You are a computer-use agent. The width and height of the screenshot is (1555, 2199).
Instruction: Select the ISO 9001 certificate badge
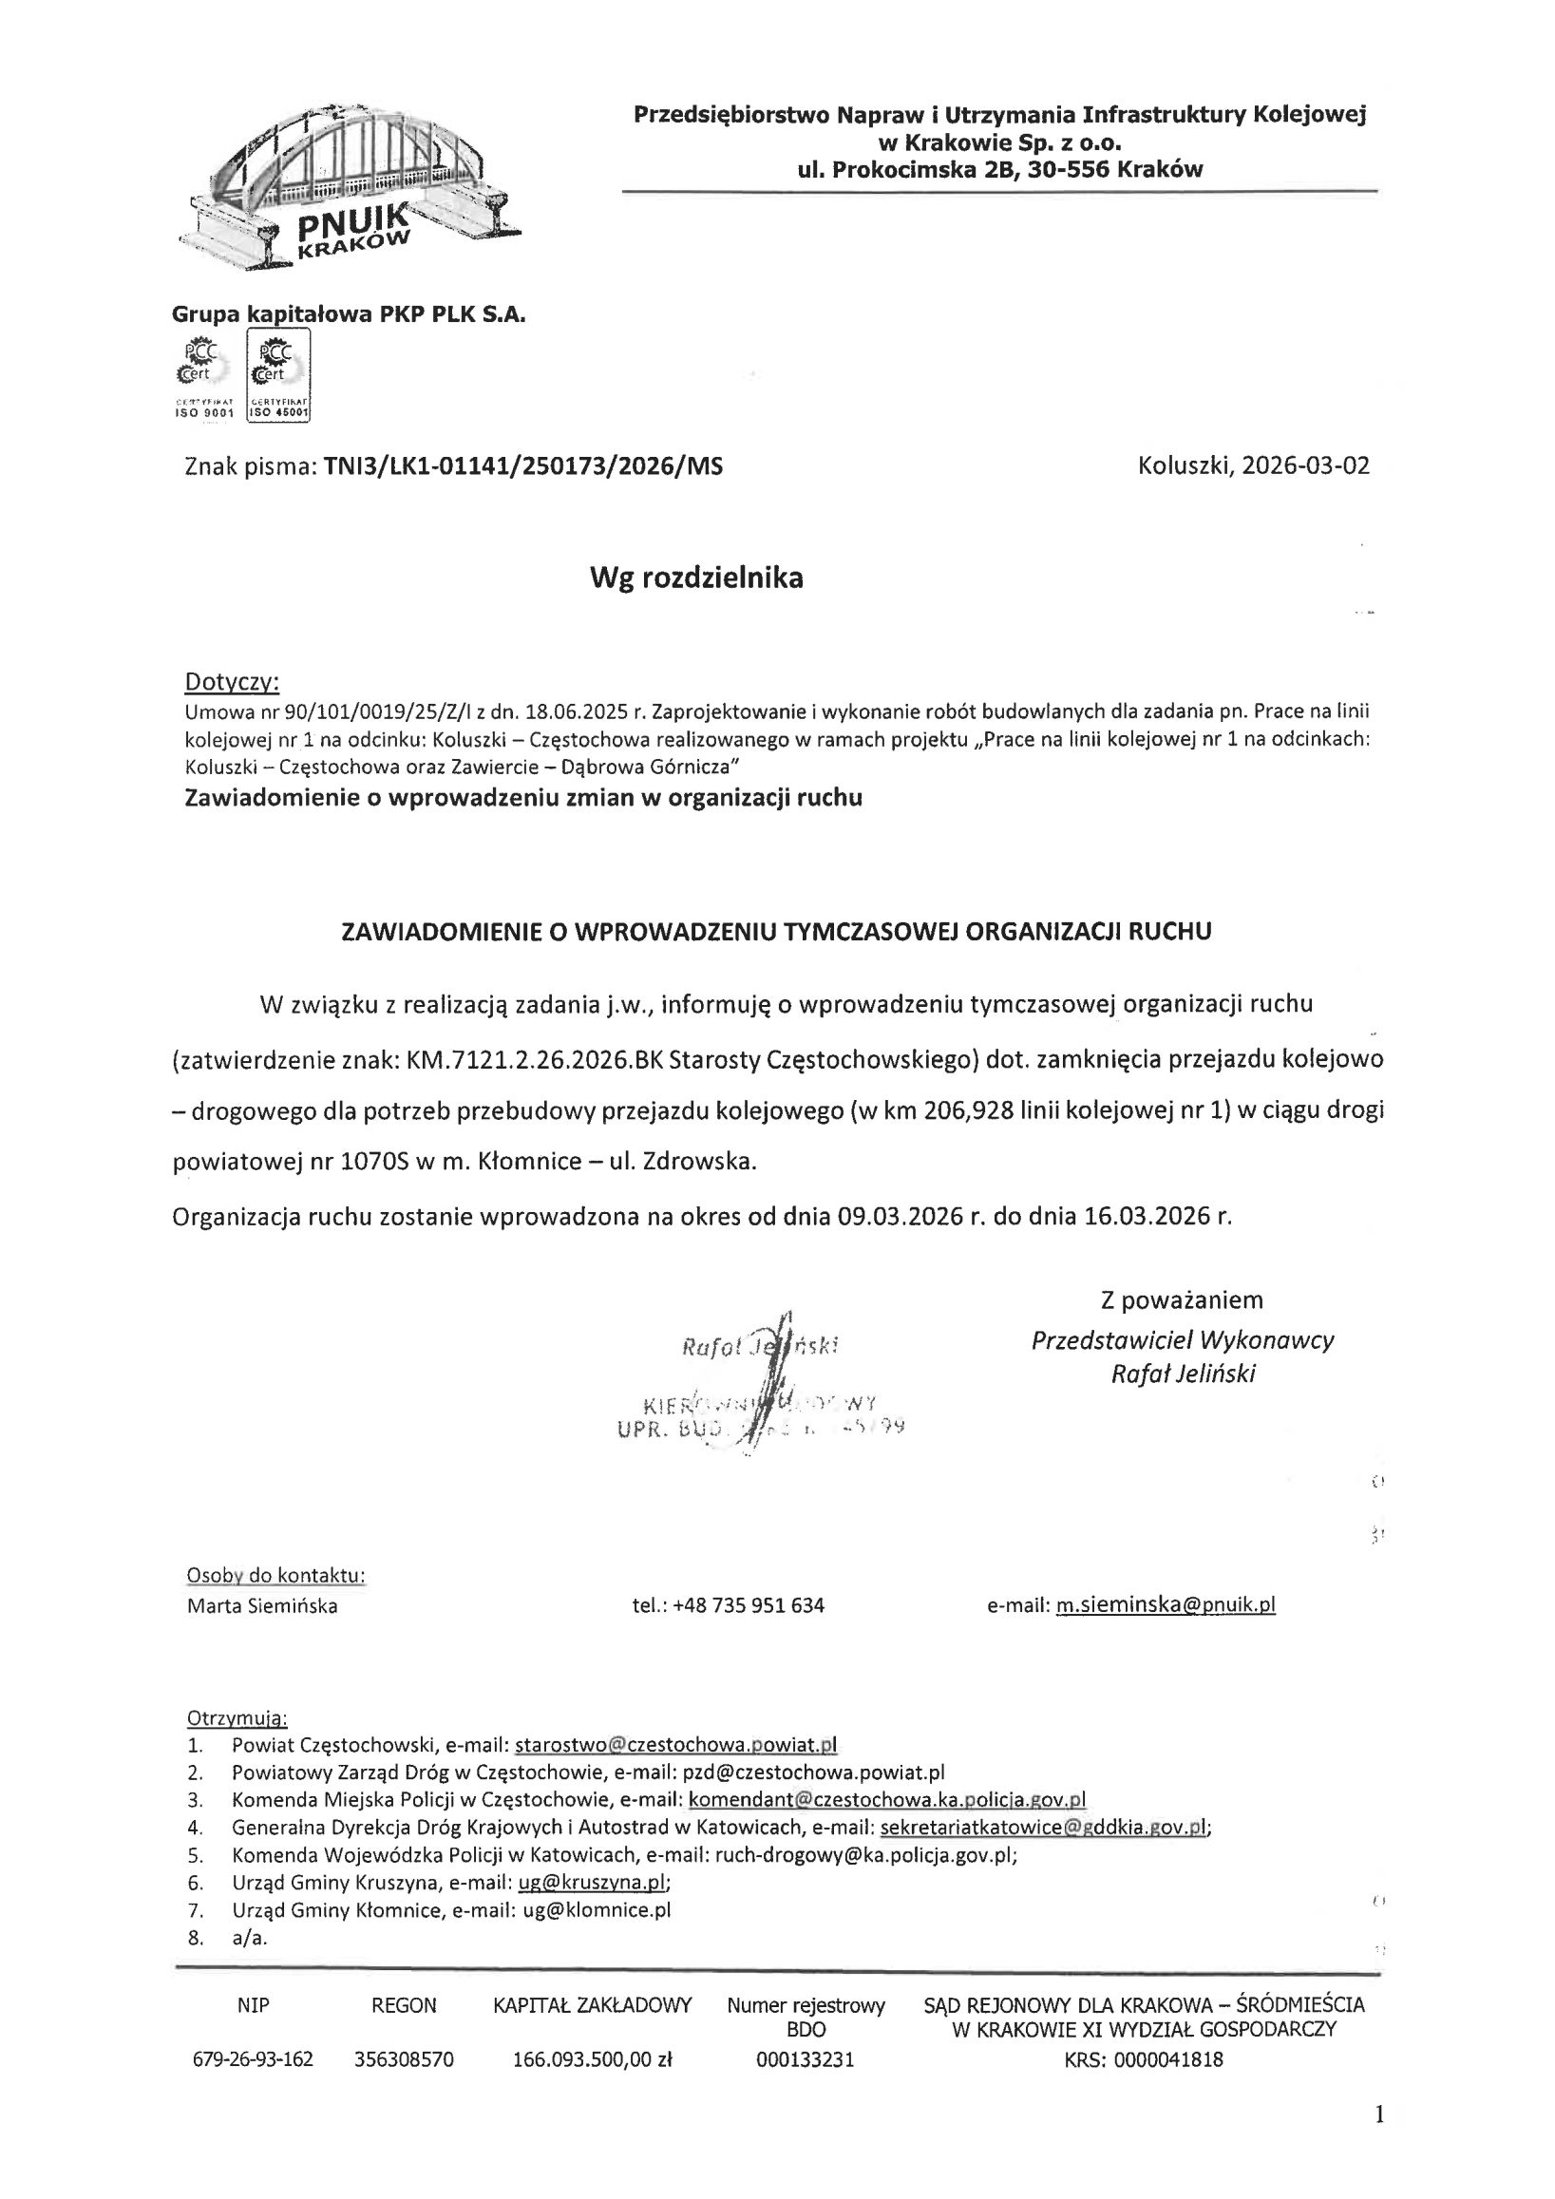(204, 375)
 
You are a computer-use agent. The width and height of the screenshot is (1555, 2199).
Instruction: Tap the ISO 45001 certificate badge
(278, 375)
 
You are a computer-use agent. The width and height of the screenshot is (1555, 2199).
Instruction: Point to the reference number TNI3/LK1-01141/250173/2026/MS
(522, 466)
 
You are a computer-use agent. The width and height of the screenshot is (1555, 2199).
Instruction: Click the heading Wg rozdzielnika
(696, 578)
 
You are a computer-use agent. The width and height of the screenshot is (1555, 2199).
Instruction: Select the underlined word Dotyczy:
(232, 682)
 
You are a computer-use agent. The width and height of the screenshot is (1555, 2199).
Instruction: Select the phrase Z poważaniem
(1182, 1299)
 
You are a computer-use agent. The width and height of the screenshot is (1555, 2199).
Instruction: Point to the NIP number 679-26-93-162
(253, 2060)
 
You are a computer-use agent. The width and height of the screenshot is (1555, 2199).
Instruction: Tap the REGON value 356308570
(404, 2060)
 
